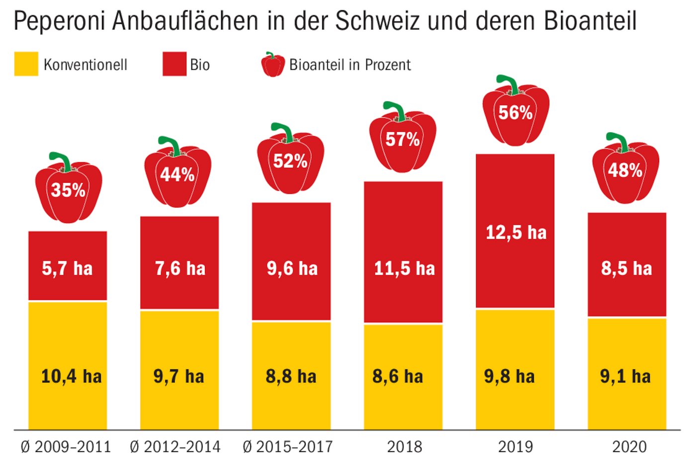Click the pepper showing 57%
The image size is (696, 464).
(x=403, y=140)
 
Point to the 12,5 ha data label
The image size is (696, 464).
(x=516, y=232)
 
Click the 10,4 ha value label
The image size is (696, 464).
(x=71, y=377)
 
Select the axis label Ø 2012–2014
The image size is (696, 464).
(x=175, y=447)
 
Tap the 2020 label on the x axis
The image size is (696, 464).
(x=629, y=447)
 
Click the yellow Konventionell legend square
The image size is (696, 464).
(x=26, y=64)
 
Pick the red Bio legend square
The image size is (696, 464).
(x=174, y=64)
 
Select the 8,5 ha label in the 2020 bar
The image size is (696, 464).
(x=626, y=269)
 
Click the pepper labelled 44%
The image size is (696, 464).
(x=177, y=174)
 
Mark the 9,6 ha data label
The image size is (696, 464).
(x=292, y=269)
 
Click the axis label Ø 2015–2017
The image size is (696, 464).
(x=288, y=447)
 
